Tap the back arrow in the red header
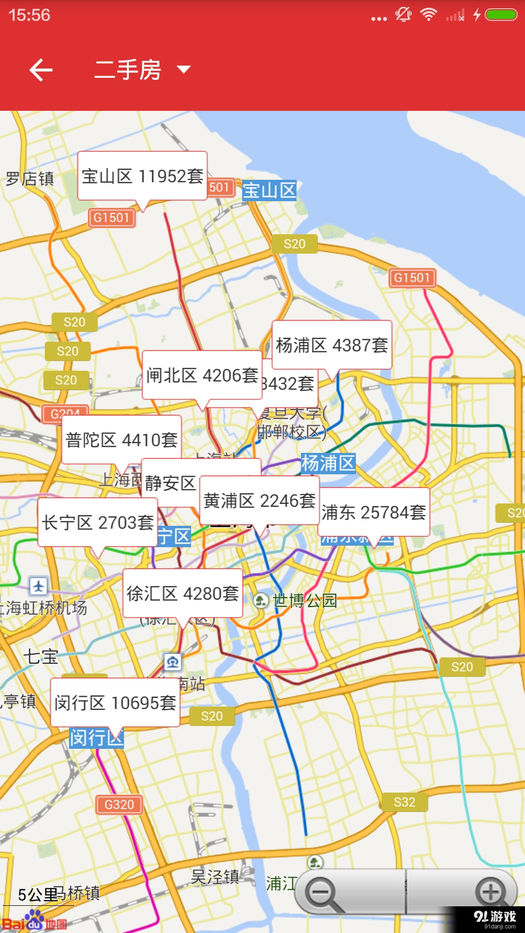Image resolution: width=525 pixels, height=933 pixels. click(41, 70)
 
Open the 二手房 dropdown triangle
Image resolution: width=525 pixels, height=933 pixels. click(184, 69)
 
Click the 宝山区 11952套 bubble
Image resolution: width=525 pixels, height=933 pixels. click(142, 176)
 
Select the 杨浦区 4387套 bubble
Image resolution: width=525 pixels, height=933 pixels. click(332, 345)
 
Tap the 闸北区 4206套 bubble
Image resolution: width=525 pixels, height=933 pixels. click(202, 375)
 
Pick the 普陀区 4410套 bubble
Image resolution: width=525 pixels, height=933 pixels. click(122, 440)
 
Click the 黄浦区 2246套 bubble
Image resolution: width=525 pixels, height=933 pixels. click(260, 501)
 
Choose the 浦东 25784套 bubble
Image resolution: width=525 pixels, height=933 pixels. click(374, 512)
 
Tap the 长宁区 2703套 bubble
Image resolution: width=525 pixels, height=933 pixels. click(98, 522)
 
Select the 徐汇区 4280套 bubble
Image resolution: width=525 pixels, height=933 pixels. click(183, 593)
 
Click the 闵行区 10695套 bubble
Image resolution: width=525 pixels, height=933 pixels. click(115, 703)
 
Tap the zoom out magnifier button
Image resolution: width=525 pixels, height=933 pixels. click(323, 893)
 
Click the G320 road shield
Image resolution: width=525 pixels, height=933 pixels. click(119, 805)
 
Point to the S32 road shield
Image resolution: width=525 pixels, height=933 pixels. click(404, 802)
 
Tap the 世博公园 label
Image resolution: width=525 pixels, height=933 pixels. click(304, 601)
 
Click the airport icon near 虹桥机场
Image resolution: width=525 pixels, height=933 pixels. click(38, 586)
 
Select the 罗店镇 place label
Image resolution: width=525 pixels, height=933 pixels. click(30, 179)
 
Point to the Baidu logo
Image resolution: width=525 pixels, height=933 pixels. click(34, 922)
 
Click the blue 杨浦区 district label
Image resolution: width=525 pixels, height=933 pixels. click(328, 463)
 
